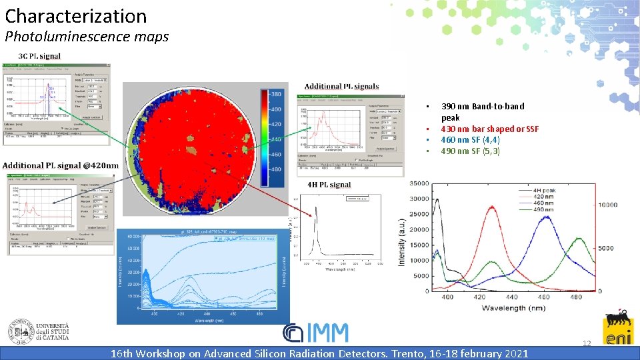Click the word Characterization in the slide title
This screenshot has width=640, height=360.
point(76,16)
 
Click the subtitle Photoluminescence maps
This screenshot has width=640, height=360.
point(87,37)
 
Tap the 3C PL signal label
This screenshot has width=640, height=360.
point(39,56)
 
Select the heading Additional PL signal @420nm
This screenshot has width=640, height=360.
point(61,165)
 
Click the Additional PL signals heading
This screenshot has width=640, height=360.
point(341,86)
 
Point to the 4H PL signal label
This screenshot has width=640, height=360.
point(329,185)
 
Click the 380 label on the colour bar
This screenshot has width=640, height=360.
point(274,94)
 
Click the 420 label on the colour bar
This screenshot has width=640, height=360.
point(274,124)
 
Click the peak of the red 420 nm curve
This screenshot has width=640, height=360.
point(491,207)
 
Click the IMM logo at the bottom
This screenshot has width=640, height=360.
point(315,333)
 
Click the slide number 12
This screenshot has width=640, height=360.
point(587,343)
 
